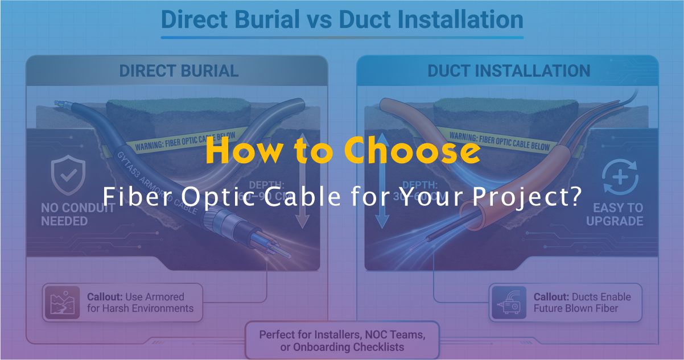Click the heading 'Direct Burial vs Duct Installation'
[x=342, y=19]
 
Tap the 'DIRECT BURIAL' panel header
[x=179, y=71]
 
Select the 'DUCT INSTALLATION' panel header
[x=508, y=71]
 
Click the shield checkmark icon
[x=67, y=176]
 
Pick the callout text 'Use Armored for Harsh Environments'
[x=140, y=303]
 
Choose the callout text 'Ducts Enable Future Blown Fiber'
[x=582, y=303]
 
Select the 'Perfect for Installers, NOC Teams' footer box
[x=342, y=340]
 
